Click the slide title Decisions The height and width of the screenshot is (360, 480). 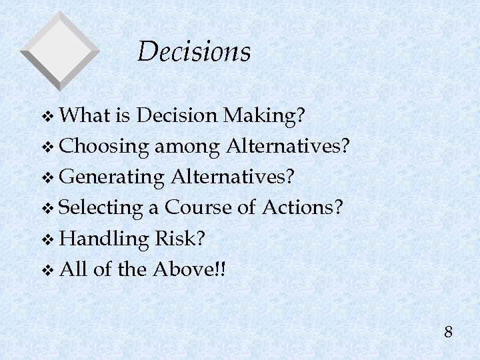pyautogui.click(x=194, y=52)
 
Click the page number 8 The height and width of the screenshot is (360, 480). pyautogui.click(x=448, y=331)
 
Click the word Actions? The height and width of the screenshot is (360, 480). pyautogui.click(x=303, y=208)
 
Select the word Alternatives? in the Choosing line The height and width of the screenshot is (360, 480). pyautogui.click(x=288, y=146)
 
